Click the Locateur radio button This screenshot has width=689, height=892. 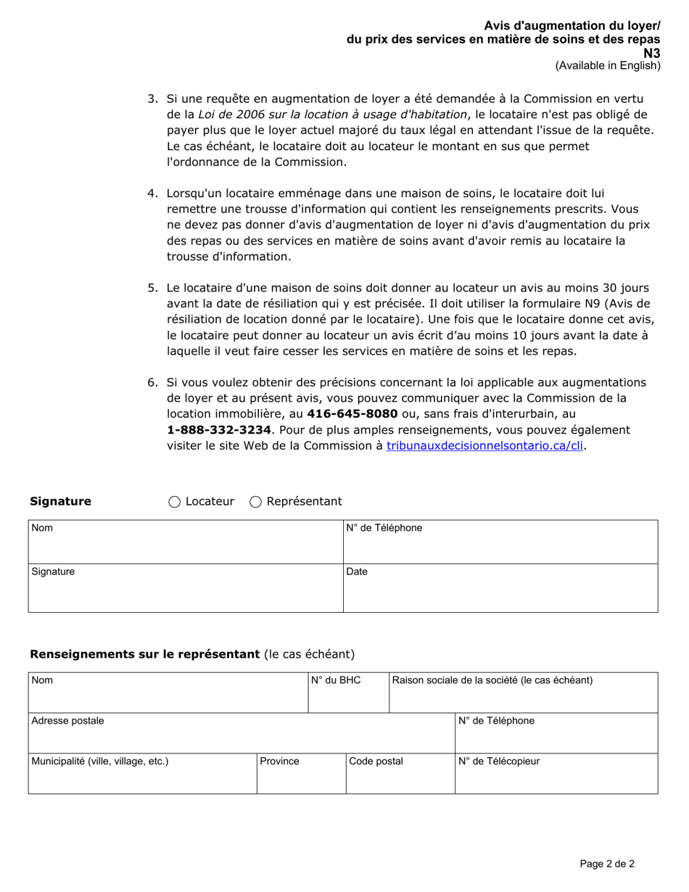[175, 502]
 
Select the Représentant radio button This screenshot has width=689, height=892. [256, 502]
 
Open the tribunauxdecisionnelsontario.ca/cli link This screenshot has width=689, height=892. [485, 446]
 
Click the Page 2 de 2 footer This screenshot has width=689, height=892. [607, 864]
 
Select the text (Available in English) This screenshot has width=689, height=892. [608, 65]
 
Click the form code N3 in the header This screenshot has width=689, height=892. [652, 53]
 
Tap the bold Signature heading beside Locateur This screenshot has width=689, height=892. [60, 502]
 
